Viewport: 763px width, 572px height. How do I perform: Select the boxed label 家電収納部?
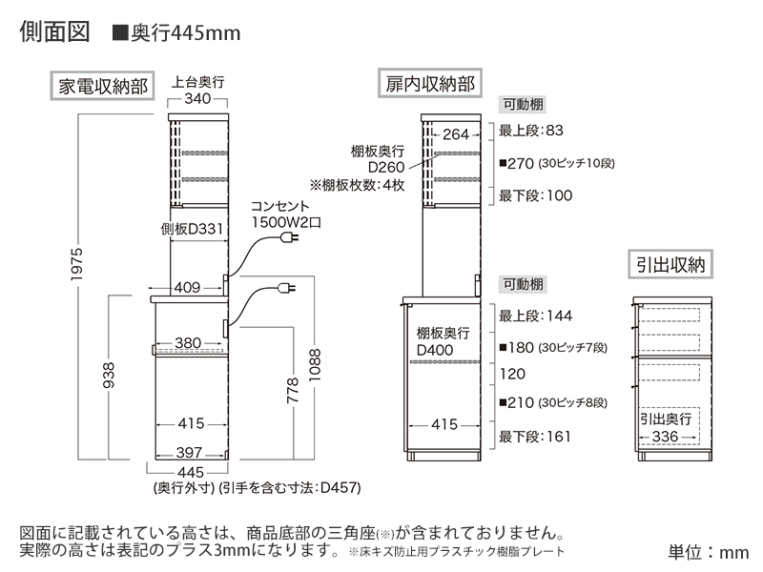pos(103,85)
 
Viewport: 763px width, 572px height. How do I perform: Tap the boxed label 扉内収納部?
pos(429,84)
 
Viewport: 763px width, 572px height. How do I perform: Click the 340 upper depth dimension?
pos(198,99)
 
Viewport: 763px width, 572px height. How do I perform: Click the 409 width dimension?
pos(187,286)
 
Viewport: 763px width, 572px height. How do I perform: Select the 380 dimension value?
pos(188,342)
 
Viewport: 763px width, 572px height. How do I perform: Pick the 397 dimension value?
pos(189,453)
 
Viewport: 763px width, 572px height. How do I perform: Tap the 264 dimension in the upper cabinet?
pos(457,134)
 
